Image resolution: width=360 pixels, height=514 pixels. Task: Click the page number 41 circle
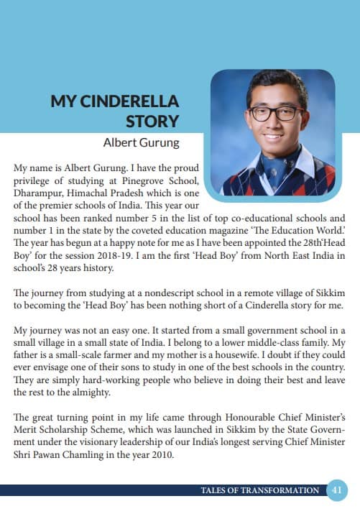[336, 490]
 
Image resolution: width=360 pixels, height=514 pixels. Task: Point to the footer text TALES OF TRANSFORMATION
[261, 490]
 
